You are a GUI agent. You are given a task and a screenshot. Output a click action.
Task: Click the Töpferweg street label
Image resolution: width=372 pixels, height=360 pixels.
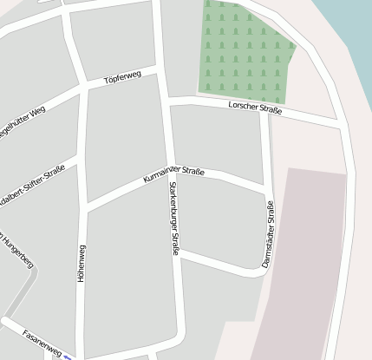(x=121, y=79)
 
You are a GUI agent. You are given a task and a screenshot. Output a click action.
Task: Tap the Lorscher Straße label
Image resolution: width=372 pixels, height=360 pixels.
(x=255, y=108)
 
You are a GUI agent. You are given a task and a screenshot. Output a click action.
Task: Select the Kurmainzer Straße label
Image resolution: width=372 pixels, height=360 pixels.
(x=173, y=177)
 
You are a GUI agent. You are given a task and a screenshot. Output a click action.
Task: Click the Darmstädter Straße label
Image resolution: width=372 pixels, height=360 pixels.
(x=268, y=234)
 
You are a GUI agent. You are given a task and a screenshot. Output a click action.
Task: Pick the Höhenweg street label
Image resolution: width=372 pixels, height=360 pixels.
(x=82, y=265)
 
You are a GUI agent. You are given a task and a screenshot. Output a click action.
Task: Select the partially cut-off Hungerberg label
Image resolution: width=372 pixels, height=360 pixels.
(x=17, y=250)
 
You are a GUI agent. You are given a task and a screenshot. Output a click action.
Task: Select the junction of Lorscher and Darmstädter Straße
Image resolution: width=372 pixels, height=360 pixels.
(x=264, y=111)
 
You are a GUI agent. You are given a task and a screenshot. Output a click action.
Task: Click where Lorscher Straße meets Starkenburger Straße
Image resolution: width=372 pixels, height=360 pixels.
(x=166, y=101)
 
